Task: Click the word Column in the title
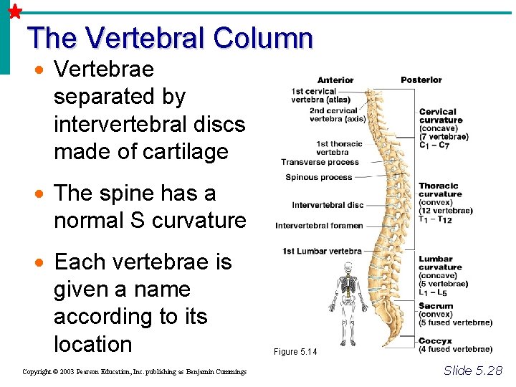pos(264,38)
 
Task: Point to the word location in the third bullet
pos(93,343)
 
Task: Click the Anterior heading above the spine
pos(335,80)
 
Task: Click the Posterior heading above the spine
pos(421,80)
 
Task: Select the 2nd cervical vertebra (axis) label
pos(338,115)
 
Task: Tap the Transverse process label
pos(320,162)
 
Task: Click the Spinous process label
pos(319,177)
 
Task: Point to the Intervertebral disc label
pos(328,205)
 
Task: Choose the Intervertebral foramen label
pos(319,226)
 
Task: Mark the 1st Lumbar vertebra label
pos(322,251)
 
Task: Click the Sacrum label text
pos(436,306)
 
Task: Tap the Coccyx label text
pos(435,340)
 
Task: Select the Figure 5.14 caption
pos(295,352)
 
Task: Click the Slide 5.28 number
pos(473,371)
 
